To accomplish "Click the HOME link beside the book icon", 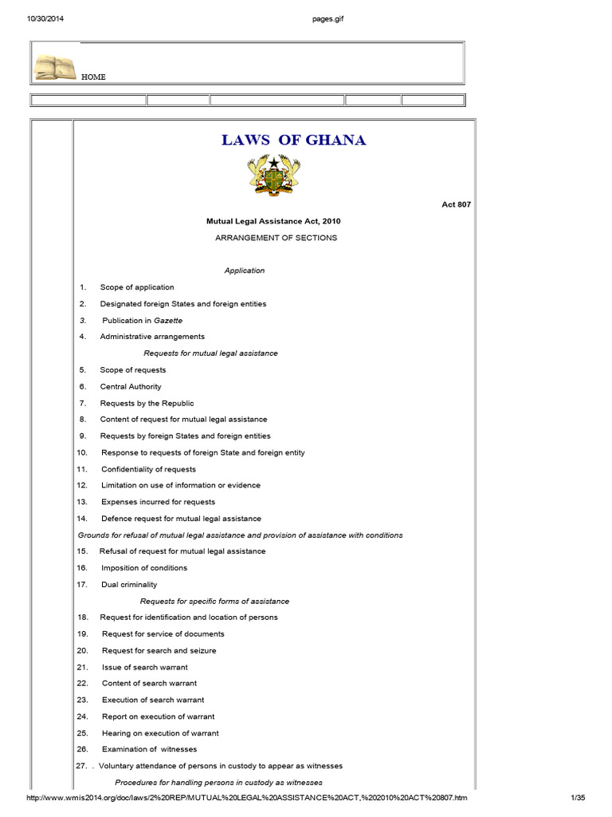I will (x=93, y=77).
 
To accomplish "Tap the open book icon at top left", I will (x=55, y=67).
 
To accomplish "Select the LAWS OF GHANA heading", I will (x=293, y=140).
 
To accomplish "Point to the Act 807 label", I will (x=457, y=204).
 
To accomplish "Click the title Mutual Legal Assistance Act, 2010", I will (x=274, y=221).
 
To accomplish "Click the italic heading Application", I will (x=245, y=270).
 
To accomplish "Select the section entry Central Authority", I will (x=131, y=386).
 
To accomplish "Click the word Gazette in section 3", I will (x=168, y=320).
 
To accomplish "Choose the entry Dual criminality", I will (x=129, y=585).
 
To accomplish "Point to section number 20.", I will (x=82, y=650).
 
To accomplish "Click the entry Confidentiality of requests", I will (x=148, y=469).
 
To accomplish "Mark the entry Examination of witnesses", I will (x=149, y=749).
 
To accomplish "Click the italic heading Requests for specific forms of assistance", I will (x=214, y=601).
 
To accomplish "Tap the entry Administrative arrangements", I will (x=152, y=337).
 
